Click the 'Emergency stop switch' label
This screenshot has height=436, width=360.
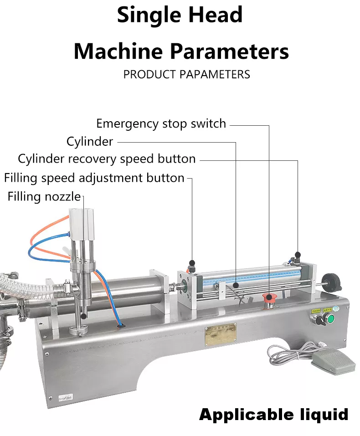click(x=161, y=123)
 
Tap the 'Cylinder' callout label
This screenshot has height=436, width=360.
click(x=90, y=142)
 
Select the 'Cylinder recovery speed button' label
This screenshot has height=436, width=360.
click(x=107, y=159)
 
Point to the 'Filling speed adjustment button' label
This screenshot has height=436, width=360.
click(x=94, y=178)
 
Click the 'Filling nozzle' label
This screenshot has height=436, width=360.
click(x=44, y=197)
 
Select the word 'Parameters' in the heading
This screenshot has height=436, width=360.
click(x=229, y=51)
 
